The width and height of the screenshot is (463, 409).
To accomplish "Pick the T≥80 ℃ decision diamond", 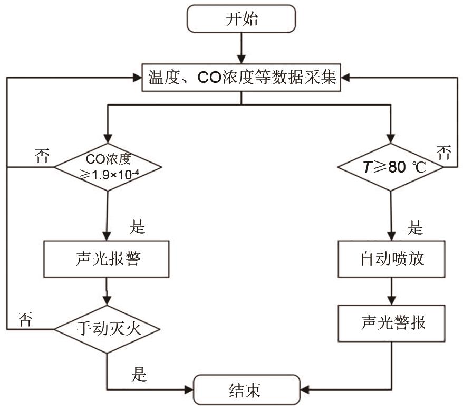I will click(x=391, y=167).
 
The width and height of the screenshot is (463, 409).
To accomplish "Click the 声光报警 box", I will click(x=107, y=259).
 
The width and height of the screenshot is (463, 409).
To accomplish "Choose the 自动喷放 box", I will click(x=391, y=259).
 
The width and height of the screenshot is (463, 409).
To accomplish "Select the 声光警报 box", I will click(x=391, y=323).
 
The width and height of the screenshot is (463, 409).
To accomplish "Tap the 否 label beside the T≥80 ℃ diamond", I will click(x=444, y=154).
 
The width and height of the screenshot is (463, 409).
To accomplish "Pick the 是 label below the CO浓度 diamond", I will click(x=137, y=227).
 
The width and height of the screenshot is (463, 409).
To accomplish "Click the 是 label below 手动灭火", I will click(x=139, y=375).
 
